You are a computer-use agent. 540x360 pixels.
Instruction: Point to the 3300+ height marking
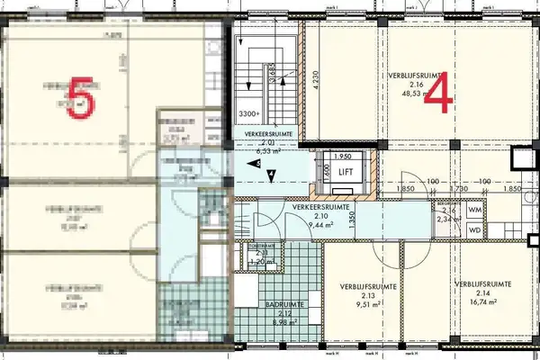pyautogui.click(x=250, y=114)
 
